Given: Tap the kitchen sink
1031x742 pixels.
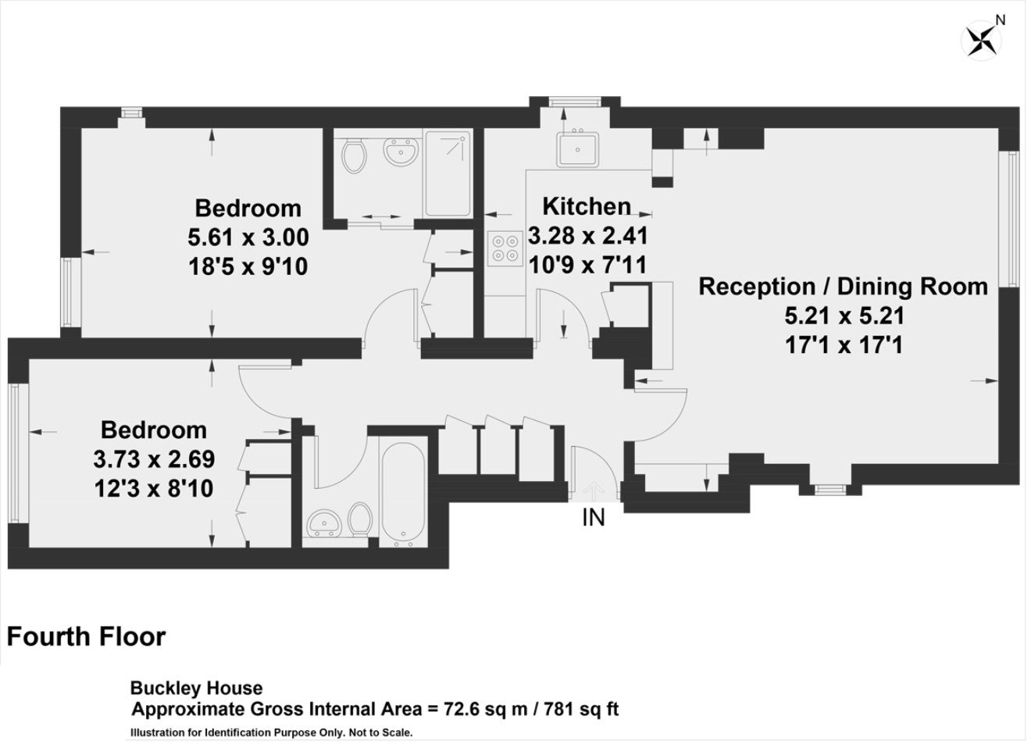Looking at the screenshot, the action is (x=578, y=149).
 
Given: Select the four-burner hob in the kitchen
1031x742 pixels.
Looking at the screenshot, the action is (x=505, y=249).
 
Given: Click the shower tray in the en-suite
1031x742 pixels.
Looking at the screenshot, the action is (x=448, y=173).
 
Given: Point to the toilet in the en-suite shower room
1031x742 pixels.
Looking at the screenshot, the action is (x=354, y=155).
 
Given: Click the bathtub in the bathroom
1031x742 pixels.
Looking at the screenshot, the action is (x=404, y=496).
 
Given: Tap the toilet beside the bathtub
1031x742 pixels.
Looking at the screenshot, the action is (x=360, y=521).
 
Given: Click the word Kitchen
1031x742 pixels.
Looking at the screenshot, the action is (x=587, y=207).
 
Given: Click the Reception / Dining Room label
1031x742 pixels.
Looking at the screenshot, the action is (x=844, y=287).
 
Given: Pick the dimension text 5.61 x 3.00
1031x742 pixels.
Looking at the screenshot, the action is (x=248, y=238).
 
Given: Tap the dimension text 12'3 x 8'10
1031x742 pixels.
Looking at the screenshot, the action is (x=154, y=488).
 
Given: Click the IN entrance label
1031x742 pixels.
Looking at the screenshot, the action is (x=594, y=517).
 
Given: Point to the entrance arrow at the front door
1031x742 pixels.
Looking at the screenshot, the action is (x=594, y=491).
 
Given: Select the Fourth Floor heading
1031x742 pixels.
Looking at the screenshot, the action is (x=86, y=637).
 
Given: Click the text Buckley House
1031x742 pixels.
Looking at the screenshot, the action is (x=197, y=688).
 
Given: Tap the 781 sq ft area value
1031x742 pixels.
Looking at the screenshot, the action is (x=581, y=709).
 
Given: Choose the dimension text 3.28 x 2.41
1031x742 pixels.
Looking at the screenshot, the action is (x=588, y=236).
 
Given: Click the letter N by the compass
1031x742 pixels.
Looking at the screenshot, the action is (x=1009, y=20).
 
